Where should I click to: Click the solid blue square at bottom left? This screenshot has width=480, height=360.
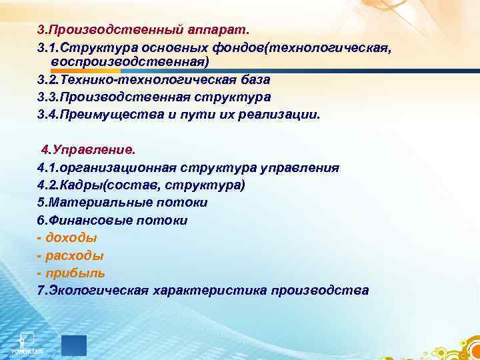(x=74, y=346)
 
